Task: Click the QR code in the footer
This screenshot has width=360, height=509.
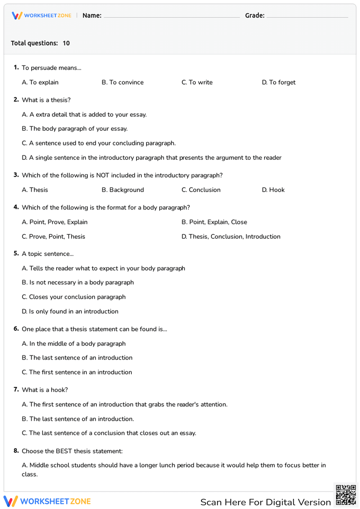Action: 346,495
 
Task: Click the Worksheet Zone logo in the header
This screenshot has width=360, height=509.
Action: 42,15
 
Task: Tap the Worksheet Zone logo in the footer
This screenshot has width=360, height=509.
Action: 47,501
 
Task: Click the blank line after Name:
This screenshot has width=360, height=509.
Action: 171,16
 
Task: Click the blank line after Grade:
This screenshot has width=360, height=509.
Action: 307,16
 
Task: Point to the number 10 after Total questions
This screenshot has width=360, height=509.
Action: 66,43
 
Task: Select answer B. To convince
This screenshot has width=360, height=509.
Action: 122,82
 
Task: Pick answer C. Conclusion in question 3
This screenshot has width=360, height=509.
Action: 201,190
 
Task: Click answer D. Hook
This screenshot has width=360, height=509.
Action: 273,190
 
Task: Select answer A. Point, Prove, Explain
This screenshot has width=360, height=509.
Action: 55,222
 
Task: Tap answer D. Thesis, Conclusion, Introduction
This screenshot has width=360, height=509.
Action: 231,237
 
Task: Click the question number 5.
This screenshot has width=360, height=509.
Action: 16,253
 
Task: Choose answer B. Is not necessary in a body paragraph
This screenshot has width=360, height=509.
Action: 78,283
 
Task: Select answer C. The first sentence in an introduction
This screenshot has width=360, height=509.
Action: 77,372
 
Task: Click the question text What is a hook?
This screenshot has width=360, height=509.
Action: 45,390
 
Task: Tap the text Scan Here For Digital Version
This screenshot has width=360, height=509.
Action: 265,502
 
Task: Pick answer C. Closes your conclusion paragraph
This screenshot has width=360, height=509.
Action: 73,297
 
